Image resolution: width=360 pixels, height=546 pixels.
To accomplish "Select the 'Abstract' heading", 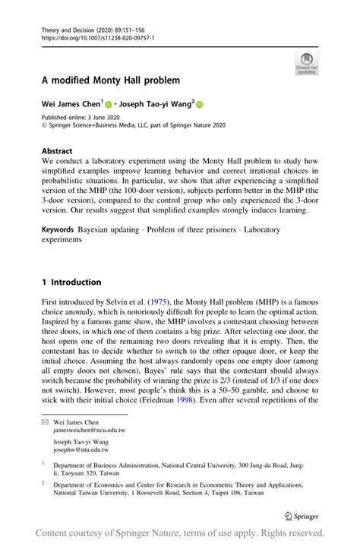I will pyautogui.click(x=56, y=150).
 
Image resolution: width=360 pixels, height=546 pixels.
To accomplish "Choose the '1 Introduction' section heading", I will pyautogui.click(x=71, y=282).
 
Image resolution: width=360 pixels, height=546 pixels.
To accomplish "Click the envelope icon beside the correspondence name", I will pyautogui.click(x=45, y=421).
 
